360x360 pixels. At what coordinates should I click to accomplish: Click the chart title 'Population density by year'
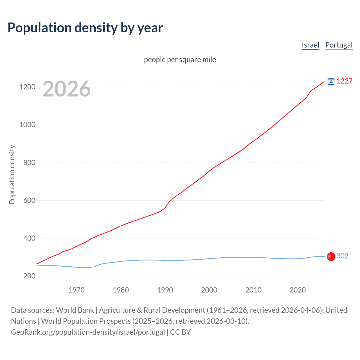coord(85,28)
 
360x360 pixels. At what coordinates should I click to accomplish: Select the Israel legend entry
coord(310,45)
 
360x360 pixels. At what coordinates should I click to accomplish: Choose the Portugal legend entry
coord(339,45)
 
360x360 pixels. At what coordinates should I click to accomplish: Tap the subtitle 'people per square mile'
coord(180,60)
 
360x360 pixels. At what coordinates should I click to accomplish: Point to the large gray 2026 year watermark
coord(67,89)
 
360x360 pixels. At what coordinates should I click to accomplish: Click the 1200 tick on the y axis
coord(27,87)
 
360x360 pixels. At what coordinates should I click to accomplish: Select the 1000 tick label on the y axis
coord(27,125)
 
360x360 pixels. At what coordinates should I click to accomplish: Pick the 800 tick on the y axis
coord(29,163)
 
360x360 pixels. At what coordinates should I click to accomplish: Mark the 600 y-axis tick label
coord(29,201)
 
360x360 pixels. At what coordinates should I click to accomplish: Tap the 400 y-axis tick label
coord(29,238)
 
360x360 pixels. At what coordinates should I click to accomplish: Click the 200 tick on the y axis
coord(29,276)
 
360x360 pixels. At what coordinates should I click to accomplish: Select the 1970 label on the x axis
coord(76,290)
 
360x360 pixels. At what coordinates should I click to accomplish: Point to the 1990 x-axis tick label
coord(165,290)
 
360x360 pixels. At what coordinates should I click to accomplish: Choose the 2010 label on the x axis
coord(253,290)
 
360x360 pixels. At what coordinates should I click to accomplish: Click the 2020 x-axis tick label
coord(298,290)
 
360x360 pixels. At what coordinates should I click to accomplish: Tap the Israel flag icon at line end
coord(331,82)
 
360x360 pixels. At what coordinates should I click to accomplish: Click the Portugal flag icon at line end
coord(331,256)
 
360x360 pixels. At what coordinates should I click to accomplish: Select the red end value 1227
coord(345,81)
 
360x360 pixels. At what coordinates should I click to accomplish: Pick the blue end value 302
coord(342,256)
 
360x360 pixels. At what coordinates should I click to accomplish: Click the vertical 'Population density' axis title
coord(12,174)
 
